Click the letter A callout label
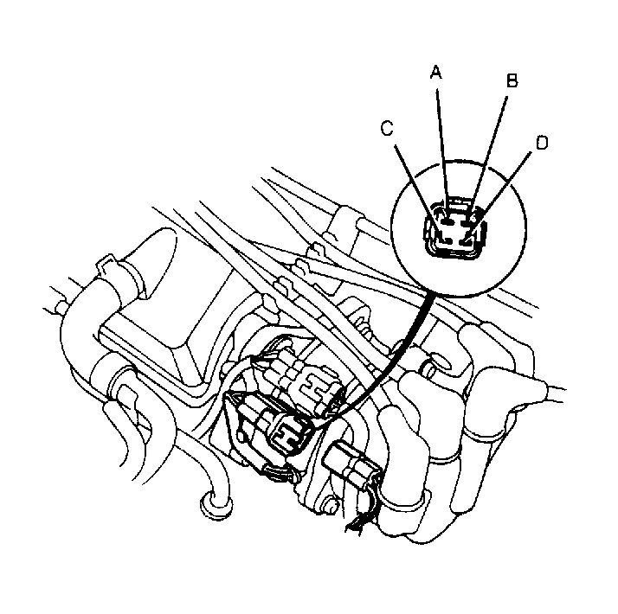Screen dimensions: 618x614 (435, 72)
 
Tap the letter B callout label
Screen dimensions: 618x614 (512, 80)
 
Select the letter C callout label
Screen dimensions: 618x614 (387, 128)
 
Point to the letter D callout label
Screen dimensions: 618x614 (542, 143)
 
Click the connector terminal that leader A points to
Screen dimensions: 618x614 (447, 222)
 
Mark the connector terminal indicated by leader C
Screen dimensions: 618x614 (446, 240)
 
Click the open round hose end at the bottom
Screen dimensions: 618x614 (216, 504)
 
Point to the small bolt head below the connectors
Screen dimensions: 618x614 (331, 504)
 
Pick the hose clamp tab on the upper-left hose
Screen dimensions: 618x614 (106, 264)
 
